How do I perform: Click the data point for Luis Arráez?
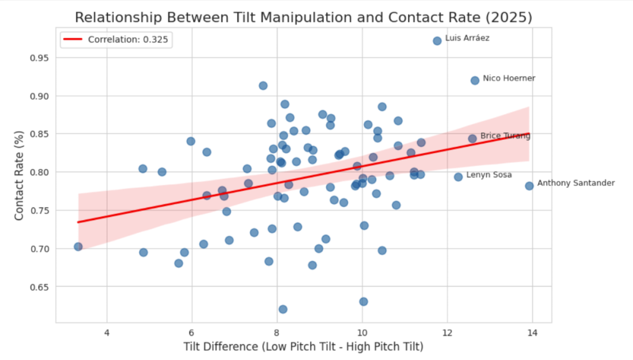pos(437,40)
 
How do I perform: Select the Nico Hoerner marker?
pos(475,80)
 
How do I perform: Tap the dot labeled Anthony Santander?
pos(529,186)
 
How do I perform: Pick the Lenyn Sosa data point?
pos(458,177)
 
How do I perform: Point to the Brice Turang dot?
pos(472,139)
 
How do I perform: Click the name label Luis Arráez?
pos(467,38)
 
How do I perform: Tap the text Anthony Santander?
pos(575,183)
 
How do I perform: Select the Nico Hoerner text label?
pos(509,78)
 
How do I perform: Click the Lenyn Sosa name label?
pos(489,175)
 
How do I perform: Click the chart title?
pos(303,17)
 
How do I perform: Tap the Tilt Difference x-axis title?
pos(303,347)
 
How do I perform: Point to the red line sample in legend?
pos(73,39)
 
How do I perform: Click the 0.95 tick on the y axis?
pos(39,58)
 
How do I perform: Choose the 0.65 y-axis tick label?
pos(39,287)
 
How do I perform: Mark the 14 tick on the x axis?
pos(532,333)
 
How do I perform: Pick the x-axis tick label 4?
pos(106,333)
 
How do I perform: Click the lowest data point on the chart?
pos(283,309)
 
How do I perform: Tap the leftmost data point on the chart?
pos(78,247)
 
